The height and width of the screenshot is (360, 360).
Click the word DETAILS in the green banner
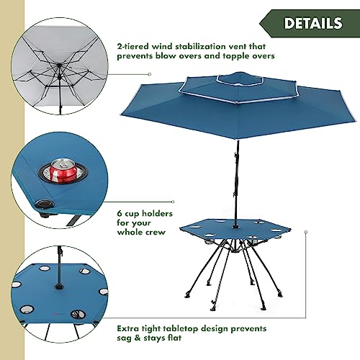(313, 23)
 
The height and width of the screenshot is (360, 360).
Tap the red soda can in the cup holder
(63, 171)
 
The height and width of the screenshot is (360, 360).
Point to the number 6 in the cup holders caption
(120, 213)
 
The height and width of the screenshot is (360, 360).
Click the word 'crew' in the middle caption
(155, 232)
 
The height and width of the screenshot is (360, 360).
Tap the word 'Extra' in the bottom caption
(128, 328)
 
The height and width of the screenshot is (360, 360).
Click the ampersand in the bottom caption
(138, 338)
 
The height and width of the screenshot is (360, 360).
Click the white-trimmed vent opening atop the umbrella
(240, 78)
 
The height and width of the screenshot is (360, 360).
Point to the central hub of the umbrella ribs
(59, 66)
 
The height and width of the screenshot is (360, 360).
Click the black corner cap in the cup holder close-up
(44, 204)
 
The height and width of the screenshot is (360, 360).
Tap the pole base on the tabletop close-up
(58, 286)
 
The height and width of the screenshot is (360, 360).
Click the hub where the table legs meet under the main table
(235, 251)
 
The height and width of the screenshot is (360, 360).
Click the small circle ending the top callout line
(150, 74)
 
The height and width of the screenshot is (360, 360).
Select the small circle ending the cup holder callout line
(173, 202)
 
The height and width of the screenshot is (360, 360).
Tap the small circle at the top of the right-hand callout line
(306, 232)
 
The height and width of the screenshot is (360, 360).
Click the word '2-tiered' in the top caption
(132, 46)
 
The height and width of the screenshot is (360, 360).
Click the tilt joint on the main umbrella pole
(236, 155)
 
